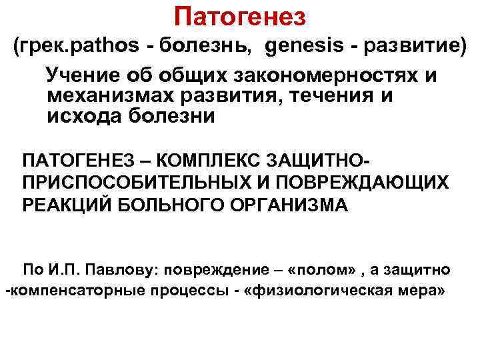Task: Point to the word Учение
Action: click(x=83, y=76)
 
